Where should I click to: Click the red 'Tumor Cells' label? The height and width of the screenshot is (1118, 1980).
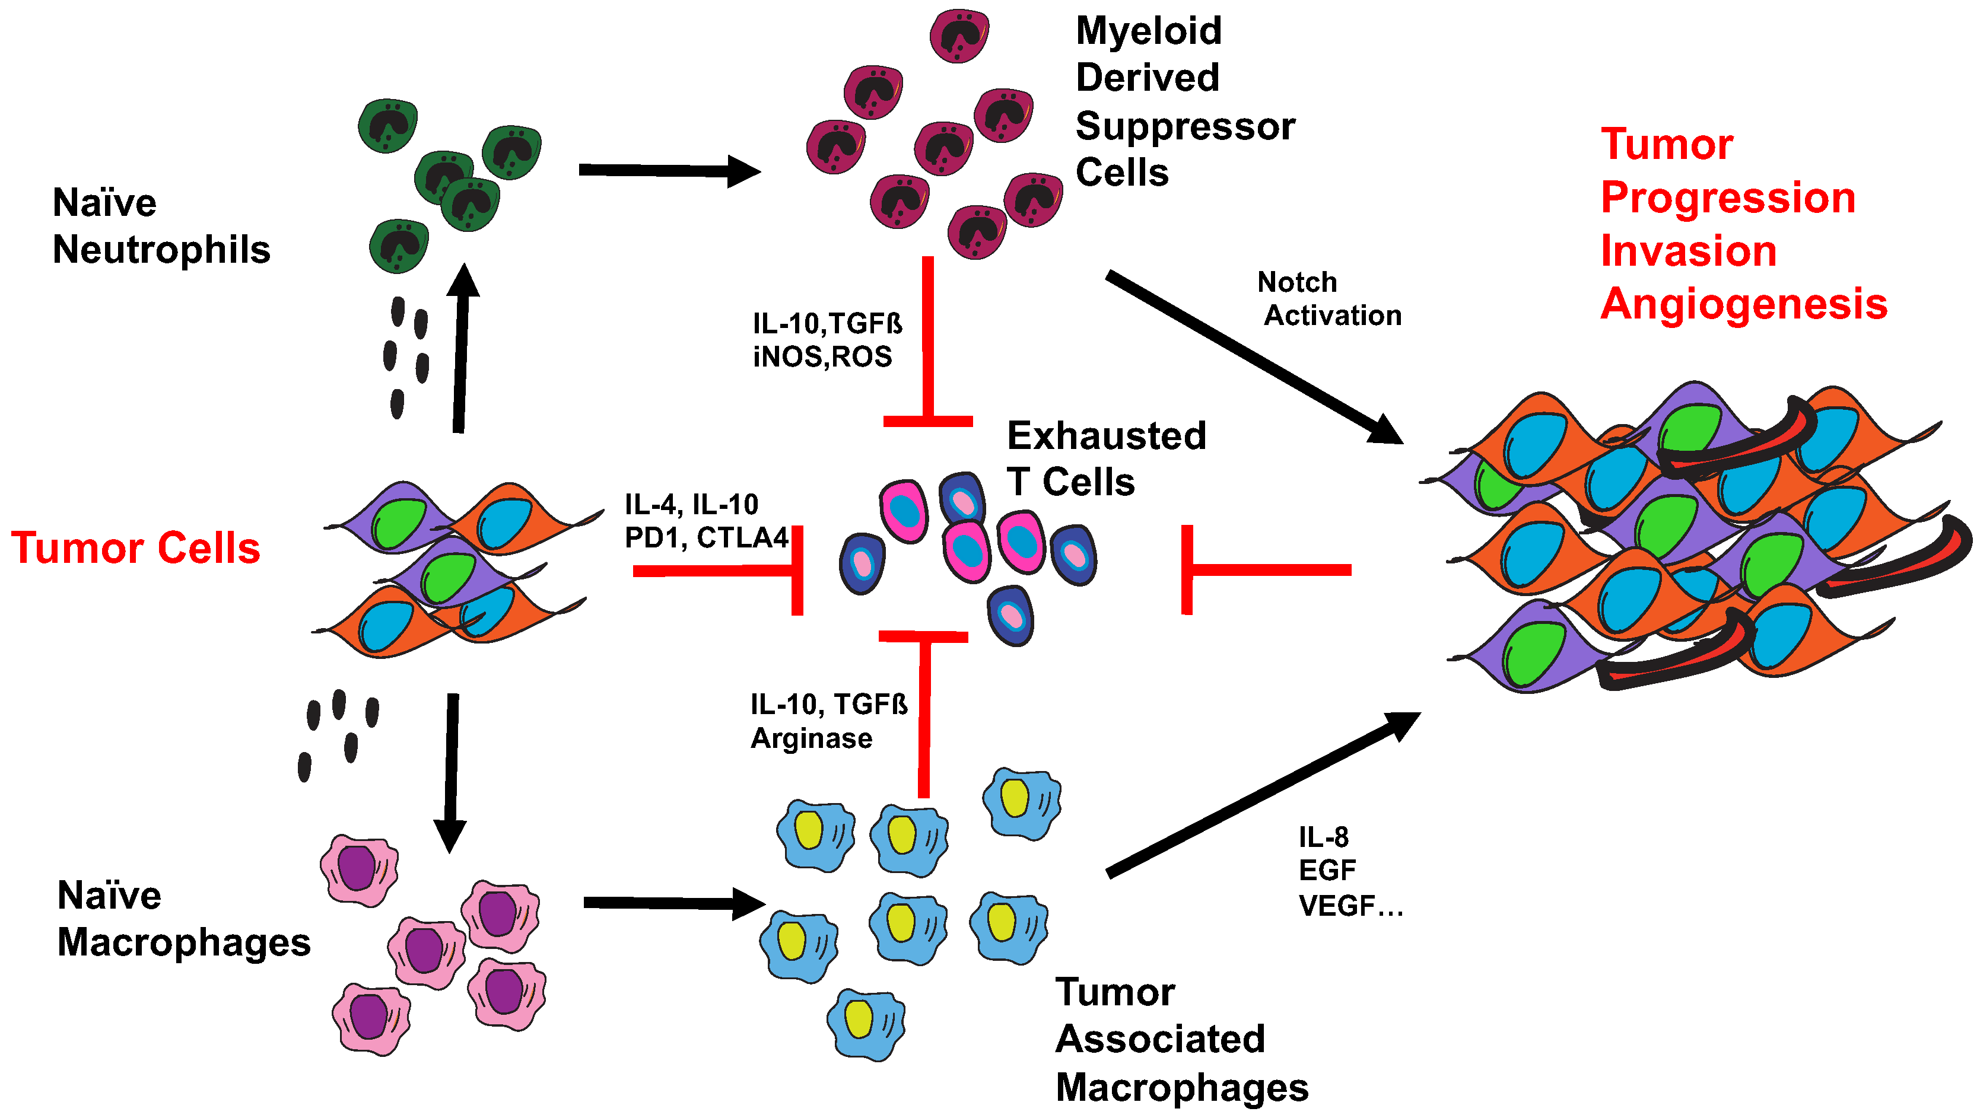tap(135, 549)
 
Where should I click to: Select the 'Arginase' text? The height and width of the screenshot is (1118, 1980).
tap(811, 738)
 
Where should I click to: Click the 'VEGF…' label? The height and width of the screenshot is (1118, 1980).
tap(1350, 906)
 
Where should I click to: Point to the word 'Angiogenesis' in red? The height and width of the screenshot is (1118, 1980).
tap(1743, 304)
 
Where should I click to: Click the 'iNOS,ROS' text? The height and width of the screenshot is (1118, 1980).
tap(822, 356)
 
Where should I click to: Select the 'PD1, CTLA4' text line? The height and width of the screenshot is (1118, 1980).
tap(706, 538)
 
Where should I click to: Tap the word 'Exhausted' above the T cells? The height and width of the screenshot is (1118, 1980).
tap(1106, 436)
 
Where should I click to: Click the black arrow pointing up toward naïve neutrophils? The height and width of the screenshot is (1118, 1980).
tap(460, 349)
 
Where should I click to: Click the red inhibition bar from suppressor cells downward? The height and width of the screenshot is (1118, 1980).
tap(928, 342)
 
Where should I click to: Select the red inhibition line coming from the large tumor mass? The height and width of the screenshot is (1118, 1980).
tap(1268, 569)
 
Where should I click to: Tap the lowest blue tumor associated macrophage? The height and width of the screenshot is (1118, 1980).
tap(866, 1024)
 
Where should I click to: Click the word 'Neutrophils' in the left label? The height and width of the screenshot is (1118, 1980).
tap(161, 250)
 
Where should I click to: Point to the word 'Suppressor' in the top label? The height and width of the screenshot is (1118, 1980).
tap(1186, 126)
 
